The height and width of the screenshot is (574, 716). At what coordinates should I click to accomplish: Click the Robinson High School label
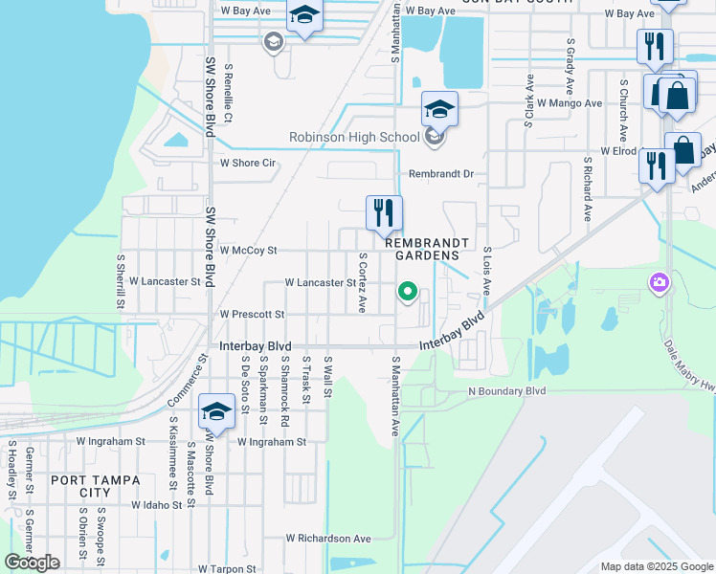point(354,138)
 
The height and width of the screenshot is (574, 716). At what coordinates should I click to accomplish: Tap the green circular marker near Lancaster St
point(408,292)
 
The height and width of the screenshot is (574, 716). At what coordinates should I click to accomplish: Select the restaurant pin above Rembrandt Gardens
point(385,214)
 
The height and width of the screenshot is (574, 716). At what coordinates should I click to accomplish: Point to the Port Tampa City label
point(95,486)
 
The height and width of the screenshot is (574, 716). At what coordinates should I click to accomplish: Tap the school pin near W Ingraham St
point(216,414)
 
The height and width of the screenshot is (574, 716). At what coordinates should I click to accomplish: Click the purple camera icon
point(659,282)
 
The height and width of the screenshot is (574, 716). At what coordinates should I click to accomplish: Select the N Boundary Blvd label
point(506,391)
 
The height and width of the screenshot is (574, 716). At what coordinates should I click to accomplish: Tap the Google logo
point(33,563)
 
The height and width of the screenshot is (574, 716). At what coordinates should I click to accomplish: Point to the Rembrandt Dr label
point(441,175)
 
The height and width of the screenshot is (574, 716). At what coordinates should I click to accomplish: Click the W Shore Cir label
point(248,164)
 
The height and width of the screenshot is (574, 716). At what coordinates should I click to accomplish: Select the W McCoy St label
point(248,251)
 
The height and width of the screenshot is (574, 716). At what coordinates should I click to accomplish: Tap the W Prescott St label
point(252,314)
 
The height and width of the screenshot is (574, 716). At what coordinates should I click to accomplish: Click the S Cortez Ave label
point(363,283)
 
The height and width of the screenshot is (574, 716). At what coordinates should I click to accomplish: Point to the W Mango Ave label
point(570,102)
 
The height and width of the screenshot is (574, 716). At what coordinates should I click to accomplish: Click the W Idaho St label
point(157,504)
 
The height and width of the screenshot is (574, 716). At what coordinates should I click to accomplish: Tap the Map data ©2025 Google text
point(658,566)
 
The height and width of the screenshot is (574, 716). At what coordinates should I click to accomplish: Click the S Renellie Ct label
point(228,94)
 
